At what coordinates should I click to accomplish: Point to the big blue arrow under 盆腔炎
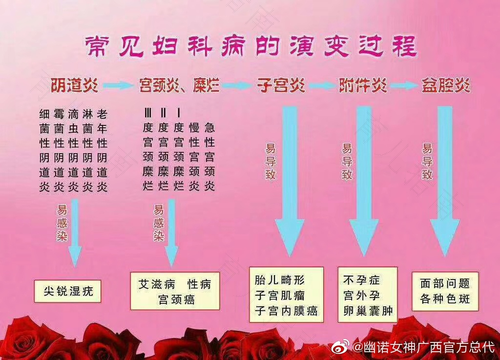click(x=441, y=180)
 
